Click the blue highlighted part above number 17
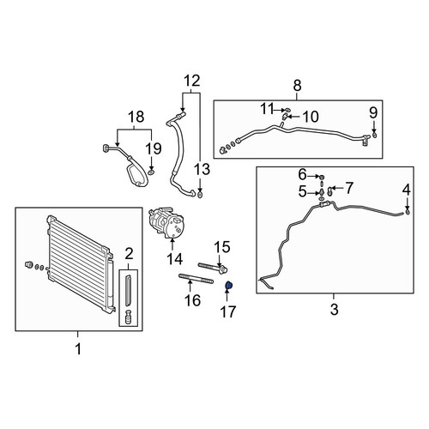pyautogui.click(x=228, y=285)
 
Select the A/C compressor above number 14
pyautogui.click(x=166, y=222)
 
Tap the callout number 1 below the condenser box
pyautogui.click(x=78, y=349)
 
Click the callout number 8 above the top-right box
pyautogui.click(x=297, y=85)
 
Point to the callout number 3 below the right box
pyautogui.click(x=334, y=309)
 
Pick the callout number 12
pyautogui.click(x=192, y=81)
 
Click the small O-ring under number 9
pyautogui.click(x=374, y=136)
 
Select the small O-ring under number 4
pyautogui.click(x=408, y=212)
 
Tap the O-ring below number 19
pyautogui.click(x=151, y=172)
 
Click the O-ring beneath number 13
pyautogui.click(x=200, y=196)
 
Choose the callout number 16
pyautogui.click(x=192, y=300)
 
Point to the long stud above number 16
pyautogui.click(x=196, y=278)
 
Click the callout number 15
pyautogui.click(x=222, y=247)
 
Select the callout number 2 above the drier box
pyautogui.click(x=129, y=254)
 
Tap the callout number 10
pyautogui.click(x=311, y=117)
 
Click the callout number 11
pyautogui.click(x=268, y=109)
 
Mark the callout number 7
pyautogui.click(x=349, y=188)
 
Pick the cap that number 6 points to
pyautogui.click(x=321, y=177)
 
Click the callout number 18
pyautogui.click(x=136, y=117)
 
